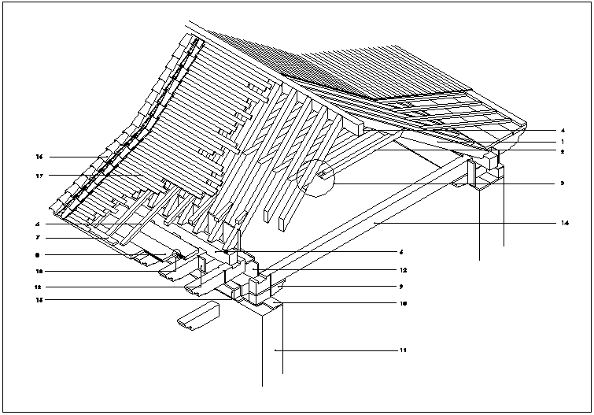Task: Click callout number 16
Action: click(x=38, y=156)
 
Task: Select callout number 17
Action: click(x=38, y=175)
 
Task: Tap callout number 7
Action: click(x=38, y=238)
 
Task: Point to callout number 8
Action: click(x=38, y=255)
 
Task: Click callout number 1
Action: click(x=563, y=140)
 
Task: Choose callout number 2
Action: click(x=563, y=150)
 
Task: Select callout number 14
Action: click(x=565, y=224)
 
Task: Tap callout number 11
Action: click(x=403, y=349)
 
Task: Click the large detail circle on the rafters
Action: click(x=316, y=177)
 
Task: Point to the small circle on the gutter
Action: click(x=177, y=254)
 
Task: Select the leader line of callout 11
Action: click(x=338, y=349)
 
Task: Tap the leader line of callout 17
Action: click(x=87, y=175)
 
